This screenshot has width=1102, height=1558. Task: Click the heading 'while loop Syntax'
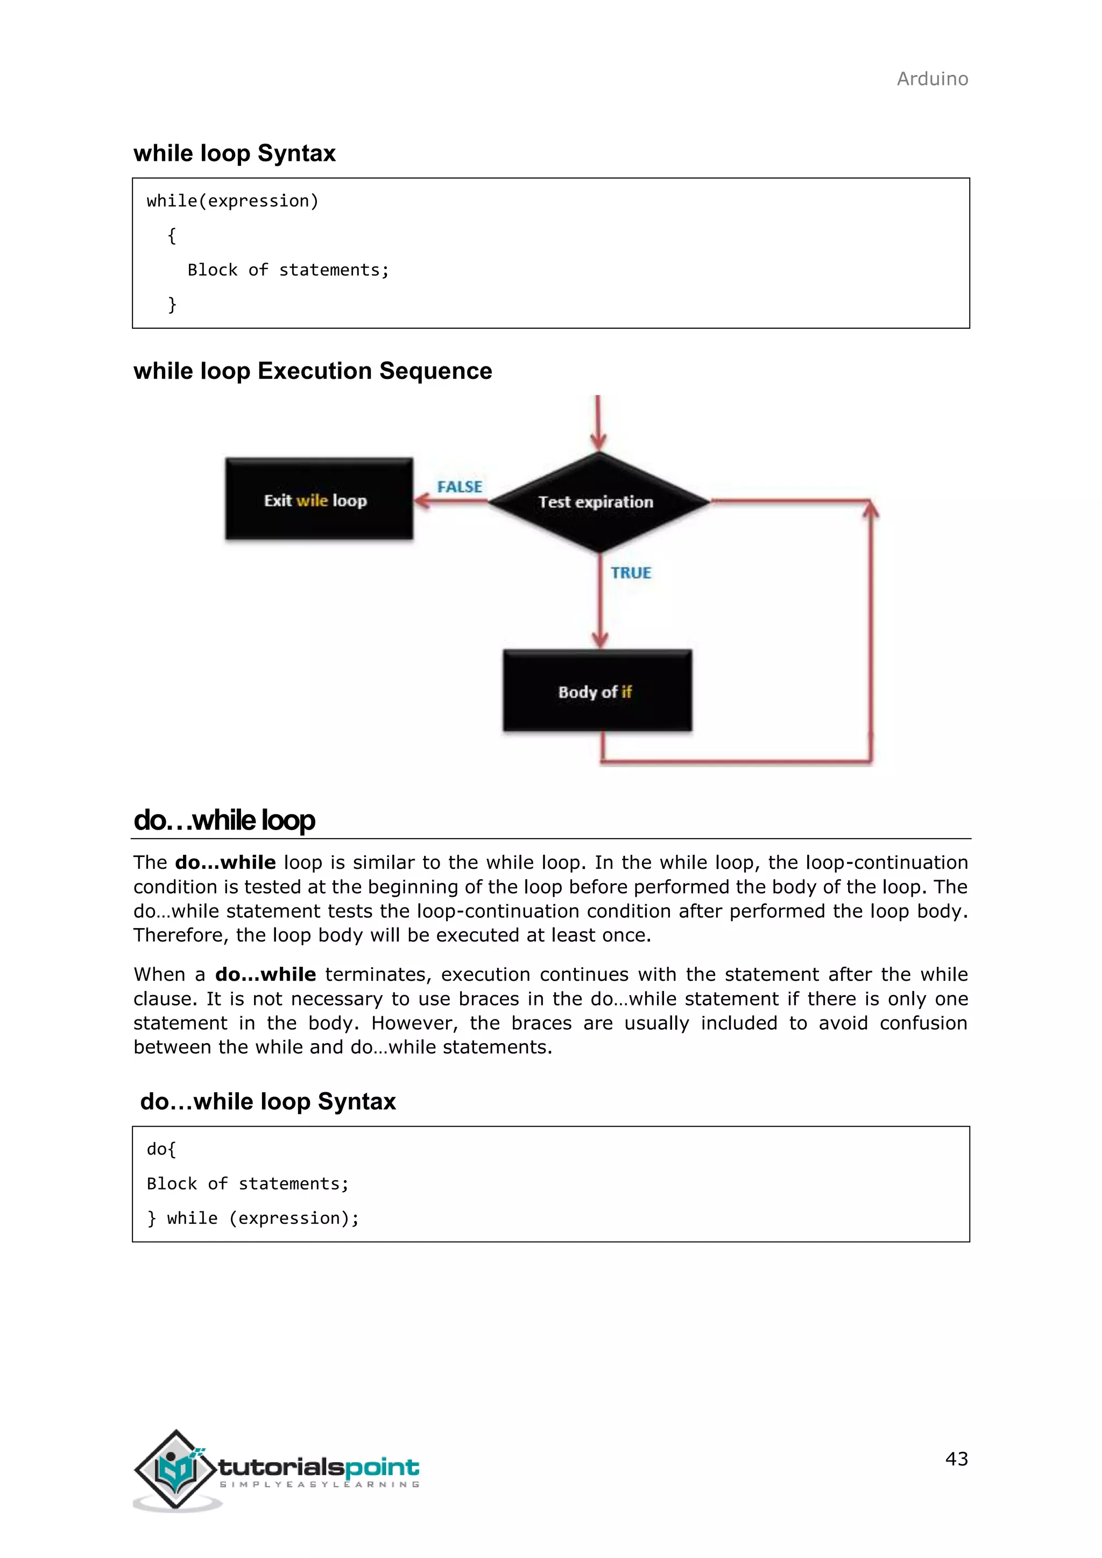tap(234, 153)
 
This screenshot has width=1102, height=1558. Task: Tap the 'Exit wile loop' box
tap(319, 499)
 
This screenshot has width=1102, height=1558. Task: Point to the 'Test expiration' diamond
tap(597, 502)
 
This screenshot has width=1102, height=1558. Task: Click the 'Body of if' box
tap(597, 691)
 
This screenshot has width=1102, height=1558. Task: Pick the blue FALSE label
tap(460, 486)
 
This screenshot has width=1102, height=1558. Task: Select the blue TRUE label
tap(631, 573)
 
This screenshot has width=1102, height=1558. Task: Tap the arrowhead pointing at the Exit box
tap(421, 501)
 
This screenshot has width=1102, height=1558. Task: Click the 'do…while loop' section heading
tap(224, 820)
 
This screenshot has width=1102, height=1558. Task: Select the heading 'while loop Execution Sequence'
tap(313, 371)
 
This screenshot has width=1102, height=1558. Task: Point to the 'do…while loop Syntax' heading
tap(267, 1101)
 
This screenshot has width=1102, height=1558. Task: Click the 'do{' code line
tap(161, 1149)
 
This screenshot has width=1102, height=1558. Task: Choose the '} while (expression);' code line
tap(252, 1218)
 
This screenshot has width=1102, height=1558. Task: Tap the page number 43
tap(956, 1458)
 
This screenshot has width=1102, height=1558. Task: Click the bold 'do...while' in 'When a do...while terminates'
tap(265, 974)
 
